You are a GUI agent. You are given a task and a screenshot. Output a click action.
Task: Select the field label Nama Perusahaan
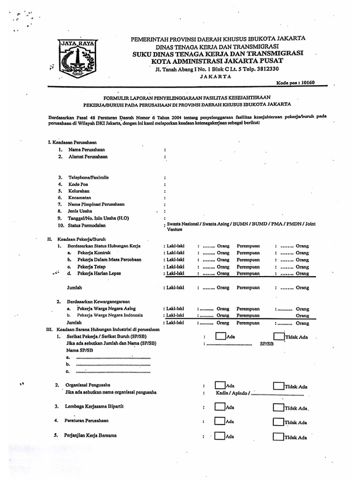pos(87,149)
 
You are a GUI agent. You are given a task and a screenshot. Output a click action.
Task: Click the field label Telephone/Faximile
pos(89,178)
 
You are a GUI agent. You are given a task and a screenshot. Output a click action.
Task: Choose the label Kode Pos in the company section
pos(78,185)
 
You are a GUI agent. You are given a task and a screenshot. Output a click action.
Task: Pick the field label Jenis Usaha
pos(81,211)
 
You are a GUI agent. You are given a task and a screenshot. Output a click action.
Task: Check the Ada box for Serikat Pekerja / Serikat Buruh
pos(220,336)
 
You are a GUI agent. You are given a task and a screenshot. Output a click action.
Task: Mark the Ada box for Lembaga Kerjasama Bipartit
pos(220,406)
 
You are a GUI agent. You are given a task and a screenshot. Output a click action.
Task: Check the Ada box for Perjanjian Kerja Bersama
pos(220,436)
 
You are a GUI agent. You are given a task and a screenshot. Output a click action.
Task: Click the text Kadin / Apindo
pos(232,393)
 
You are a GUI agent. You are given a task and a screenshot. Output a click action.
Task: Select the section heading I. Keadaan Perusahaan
pos(73,142)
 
